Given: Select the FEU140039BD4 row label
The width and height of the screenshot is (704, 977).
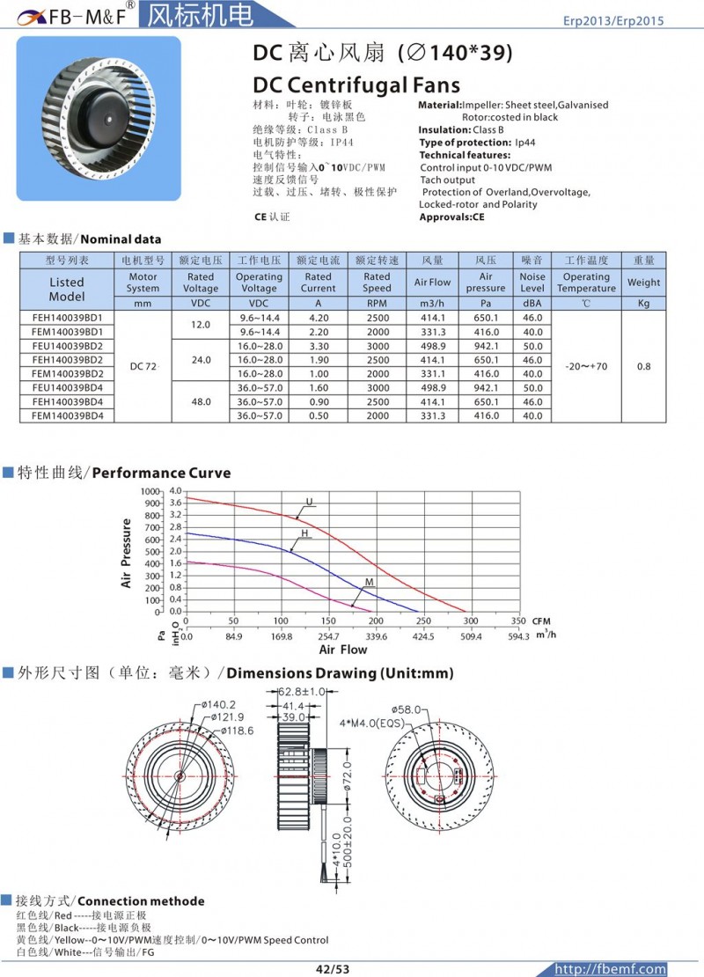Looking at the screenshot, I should pyautogui.click(x=67, y=387).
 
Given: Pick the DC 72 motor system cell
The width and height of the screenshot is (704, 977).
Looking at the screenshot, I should pyautogui.click(x=143, y=366).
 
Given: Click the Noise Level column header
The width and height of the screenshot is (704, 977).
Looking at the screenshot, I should pyautogui.click(x=532, y=282).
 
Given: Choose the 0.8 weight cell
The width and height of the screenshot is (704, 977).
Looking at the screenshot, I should pyautogui.click(x=643, y=366).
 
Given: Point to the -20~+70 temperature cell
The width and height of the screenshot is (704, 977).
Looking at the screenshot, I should pyautogui.click(x=586, y=366).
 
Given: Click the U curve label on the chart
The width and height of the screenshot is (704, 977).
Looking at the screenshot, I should pyautogui.click(x=309, y=503).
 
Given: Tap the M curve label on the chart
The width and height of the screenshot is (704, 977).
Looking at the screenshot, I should pyautogui.click(x=370, y=584).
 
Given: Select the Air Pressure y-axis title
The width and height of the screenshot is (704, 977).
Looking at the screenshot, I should pyautogui.click(x=126, y=553).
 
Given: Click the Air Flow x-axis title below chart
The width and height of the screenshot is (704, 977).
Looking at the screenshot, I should pyautogui.click(x=342, y=650).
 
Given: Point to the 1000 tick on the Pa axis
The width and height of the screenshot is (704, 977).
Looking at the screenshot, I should pyautogui.click(x=150, y=490).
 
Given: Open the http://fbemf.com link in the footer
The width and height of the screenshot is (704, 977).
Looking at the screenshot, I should pyautogui.click(x=608, y=969).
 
